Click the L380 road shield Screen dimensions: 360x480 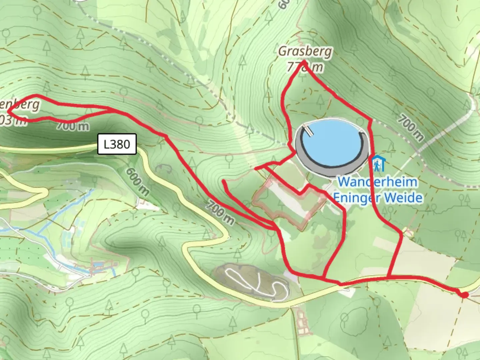coord(117,144)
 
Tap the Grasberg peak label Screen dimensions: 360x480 coord(305,52)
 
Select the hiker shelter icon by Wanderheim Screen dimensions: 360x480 coord(378,163)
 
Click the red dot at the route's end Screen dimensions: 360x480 coord(464,295)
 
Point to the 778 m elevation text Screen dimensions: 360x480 coord(305,67)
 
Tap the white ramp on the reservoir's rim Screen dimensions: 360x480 coord(309,130)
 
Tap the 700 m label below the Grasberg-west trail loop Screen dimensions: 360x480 coord(72,126)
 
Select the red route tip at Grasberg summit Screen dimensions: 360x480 coord(304,61)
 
